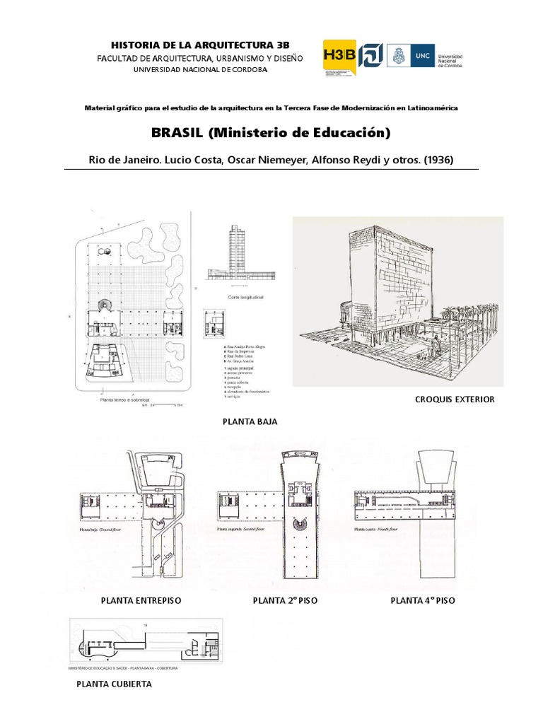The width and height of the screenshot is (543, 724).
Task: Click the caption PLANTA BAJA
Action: [x=250, y=421]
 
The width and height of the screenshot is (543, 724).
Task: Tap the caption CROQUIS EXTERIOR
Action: [x=455, y=399]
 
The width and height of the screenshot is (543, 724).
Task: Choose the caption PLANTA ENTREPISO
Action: [x=141, y=600]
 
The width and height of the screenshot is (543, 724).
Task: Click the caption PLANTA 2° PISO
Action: [x=285, y=600]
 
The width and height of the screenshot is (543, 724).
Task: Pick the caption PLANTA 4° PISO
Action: [x=423, y=600]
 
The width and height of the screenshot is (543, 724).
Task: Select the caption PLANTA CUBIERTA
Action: [x=114, y=684]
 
